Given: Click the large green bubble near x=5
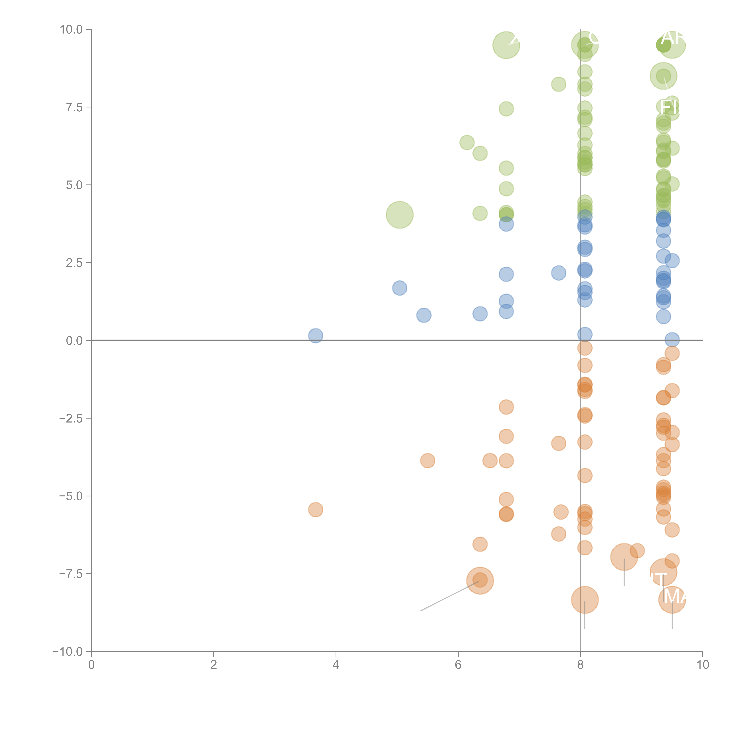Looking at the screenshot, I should coord(399,215).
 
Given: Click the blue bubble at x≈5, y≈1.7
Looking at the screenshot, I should coord(399,288).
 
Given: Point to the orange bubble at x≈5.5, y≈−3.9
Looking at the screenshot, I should coord(427,461).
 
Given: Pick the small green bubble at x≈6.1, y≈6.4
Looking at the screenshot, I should coord(467,142).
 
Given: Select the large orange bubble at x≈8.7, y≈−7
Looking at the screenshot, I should coord(624,557).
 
